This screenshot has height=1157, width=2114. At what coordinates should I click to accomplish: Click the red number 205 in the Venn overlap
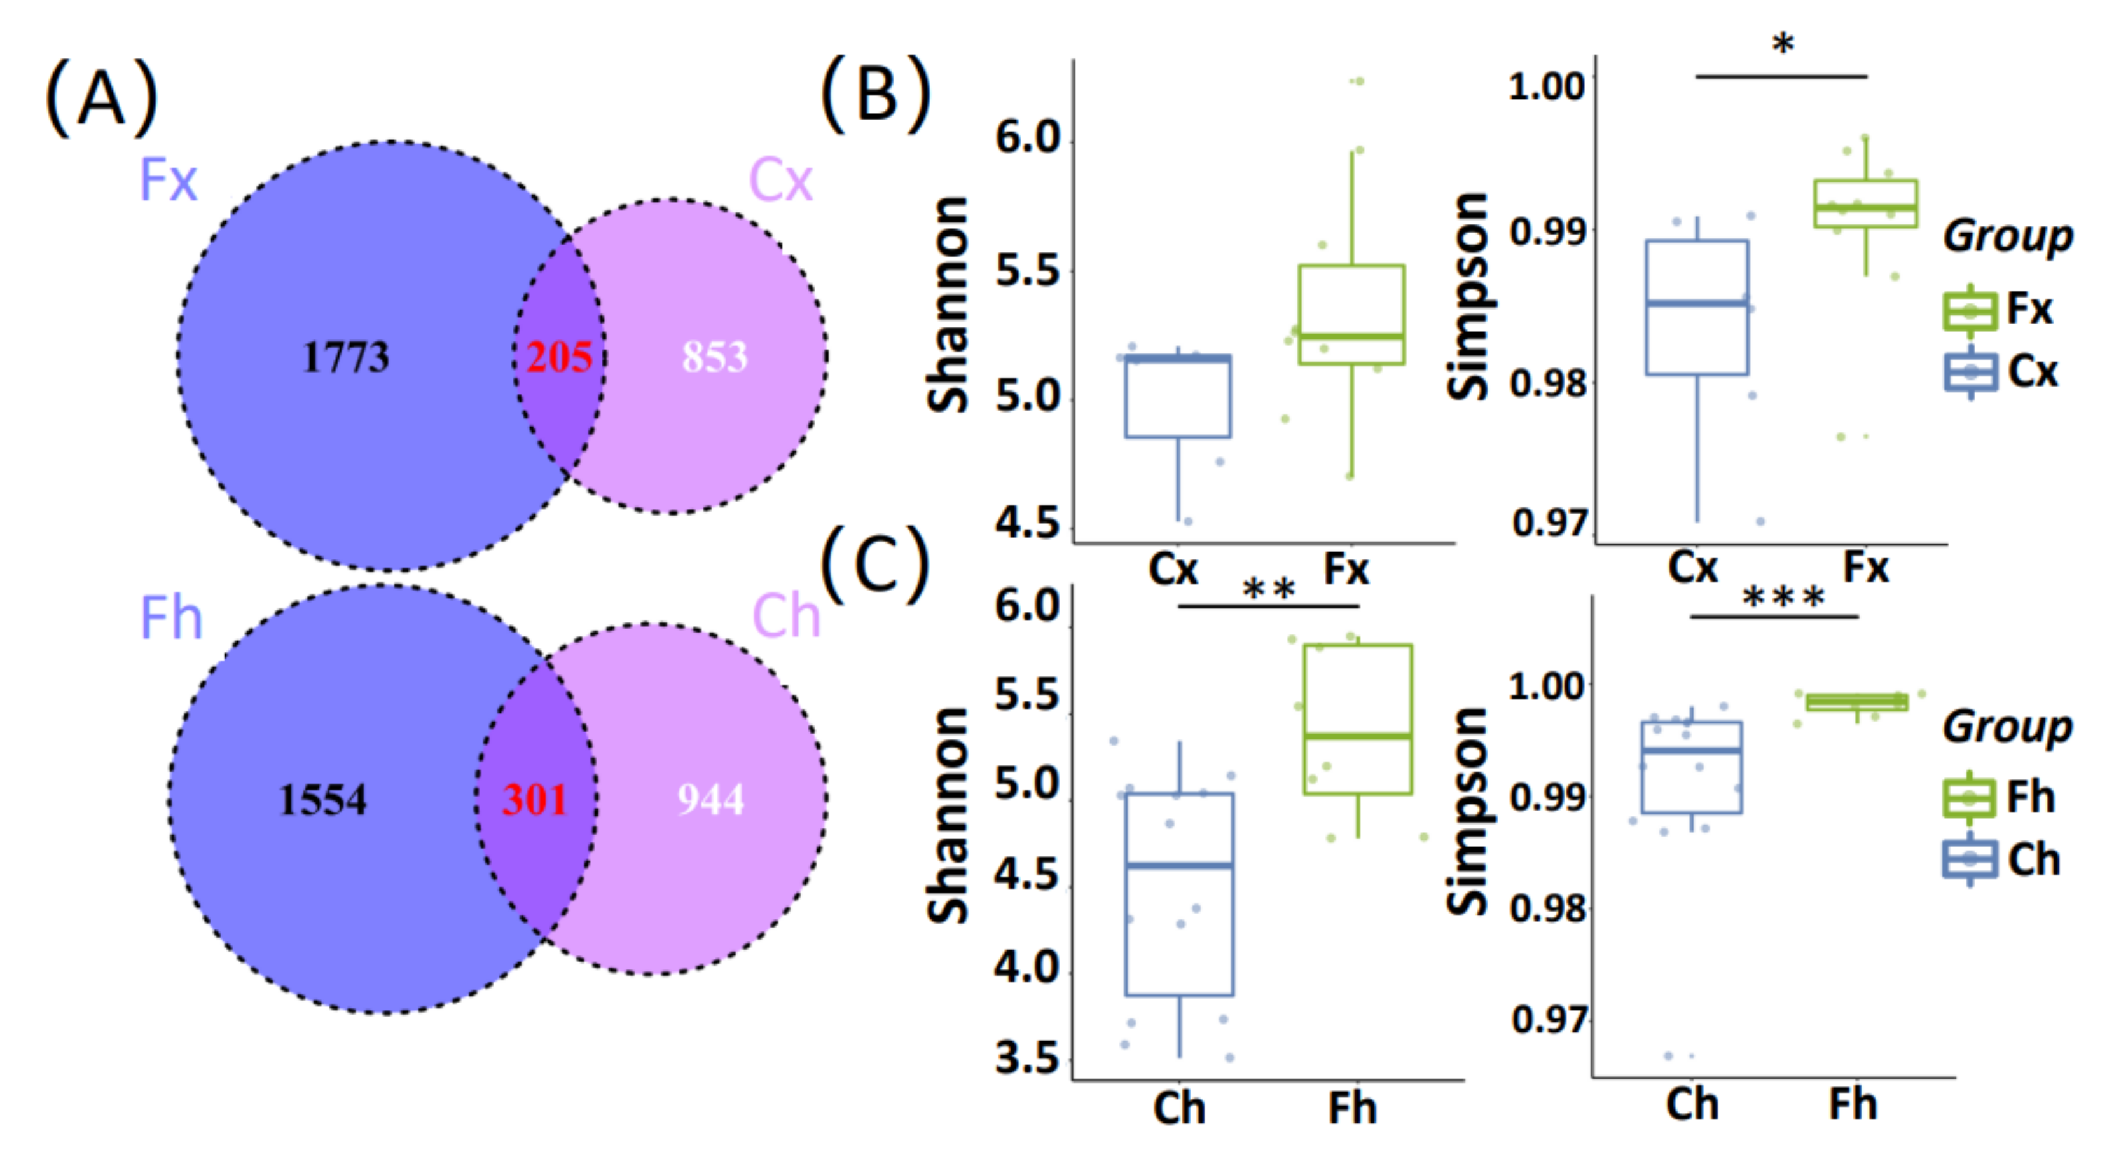(559, 357)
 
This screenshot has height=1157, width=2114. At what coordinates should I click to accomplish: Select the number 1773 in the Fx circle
(345, 357)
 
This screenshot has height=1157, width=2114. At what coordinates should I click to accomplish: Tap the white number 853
(714, 357)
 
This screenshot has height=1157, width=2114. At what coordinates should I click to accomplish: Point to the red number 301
(534, 799)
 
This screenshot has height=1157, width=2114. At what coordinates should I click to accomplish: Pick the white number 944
(710, 799)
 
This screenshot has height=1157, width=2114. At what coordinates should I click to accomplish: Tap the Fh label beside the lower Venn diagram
(170, 617)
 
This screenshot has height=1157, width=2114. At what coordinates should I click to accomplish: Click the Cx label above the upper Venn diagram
(780, 180)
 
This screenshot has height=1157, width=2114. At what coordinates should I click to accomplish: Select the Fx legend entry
(1999, 310)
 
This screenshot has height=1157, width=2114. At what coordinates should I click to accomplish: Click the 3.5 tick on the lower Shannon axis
(1026, 1058)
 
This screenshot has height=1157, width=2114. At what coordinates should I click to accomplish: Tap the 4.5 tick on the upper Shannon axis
(1026, 523)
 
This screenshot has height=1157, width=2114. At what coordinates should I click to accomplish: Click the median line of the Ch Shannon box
(1179, 865)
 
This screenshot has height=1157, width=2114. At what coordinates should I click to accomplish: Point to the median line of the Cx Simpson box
(1697, 304)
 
